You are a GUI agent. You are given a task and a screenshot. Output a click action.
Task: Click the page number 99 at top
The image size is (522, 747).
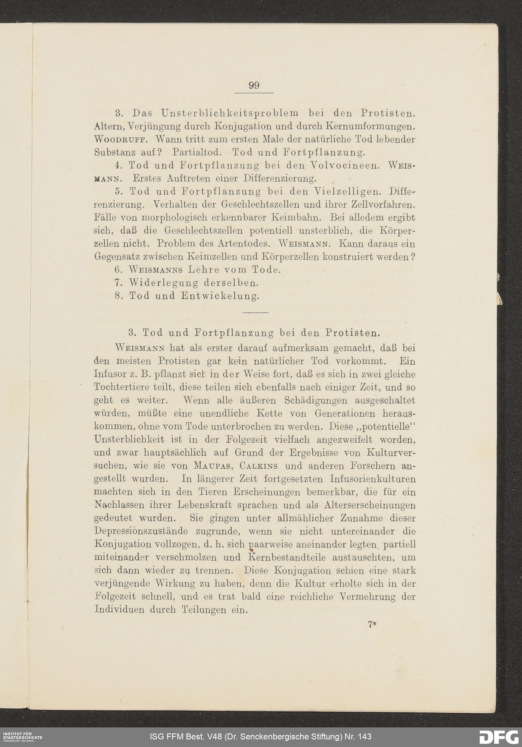pyautogui.click(x=254, y=85)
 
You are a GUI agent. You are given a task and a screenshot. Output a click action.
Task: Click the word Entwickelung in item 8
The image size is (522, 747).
pyautogui.click(x=220, y=296)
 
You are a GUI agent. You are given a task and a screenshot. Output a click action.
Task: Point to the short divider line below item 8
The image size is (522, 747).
pyautogui.click(x=255, y=313)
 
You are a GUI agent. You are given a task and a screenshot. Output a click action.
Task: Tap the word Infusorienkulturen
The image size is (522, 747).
pyautogui.click(x=372, y=479)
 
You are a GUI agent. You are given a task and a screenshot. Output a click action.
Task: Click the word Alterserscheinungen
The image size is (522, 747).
pyautogui.click(x=370, y=505)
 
